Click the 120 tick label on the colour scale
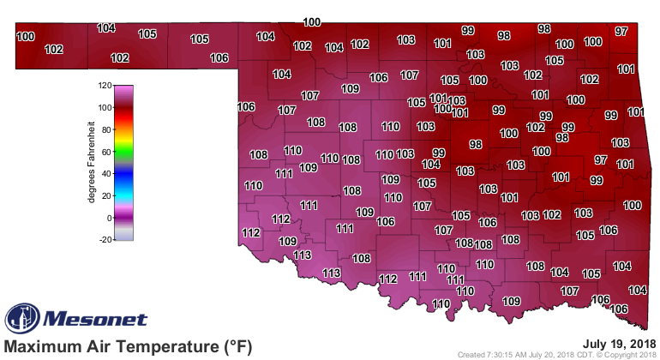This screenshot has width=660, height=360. [x=105, y=86]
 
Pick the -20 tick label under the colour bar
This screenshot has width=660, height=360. [x=105, y=240]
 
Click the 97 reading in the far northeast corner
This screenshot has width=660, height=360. [x=621, y=32]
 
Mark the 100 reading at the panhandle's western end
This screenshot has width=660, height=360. [x=26, y=36]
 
